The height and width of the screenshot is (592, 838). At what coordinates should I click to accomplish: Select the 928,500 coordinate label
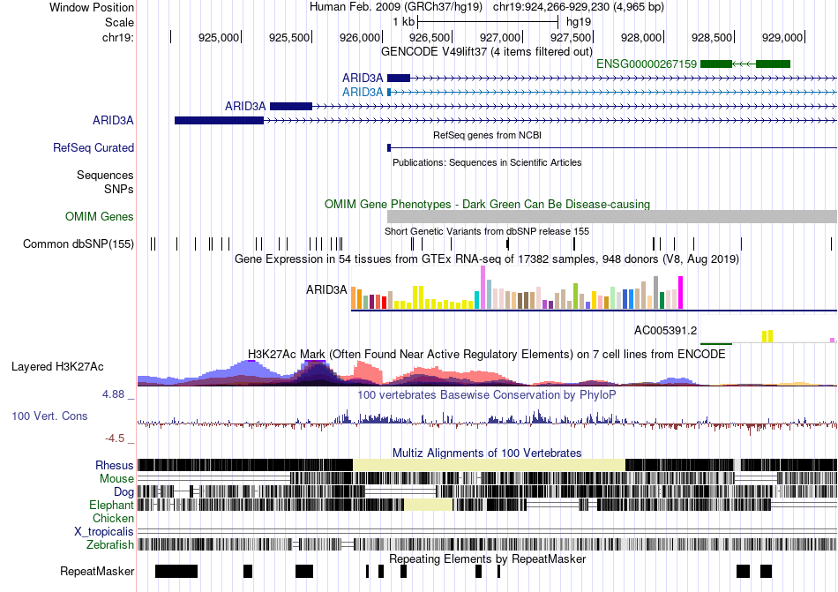click(x=713, y=37)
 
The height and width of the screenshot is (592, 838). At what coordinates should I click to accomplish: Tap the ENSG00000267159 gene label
click(x=647, y=64)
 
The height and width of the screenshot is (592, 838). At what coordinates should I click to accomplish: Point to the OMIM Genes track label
click(x=100, y=216)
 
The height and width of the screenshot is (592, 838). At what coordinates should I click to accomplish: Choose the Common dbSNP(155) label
click(x=79, y=244)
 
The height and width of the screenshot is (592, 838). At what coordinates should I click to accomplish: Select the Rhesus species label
click(x=115, y=465)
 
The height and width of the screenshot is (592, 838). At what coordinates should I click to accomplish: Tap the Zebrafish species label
click(x=110, y=544)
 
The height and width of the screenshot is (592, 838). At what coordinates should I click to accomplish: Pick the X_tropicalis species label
click(x=104, y=531)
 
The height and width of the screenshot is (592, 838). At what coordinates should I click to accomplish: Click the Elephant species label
click(x=111, y=505)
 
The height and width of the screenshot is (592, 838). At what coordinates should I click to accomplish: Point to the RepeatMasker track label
click(x=97, y=572)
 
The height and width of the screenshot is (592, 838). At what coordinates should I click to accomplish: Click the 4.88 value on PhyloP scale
click(x=117, y=394)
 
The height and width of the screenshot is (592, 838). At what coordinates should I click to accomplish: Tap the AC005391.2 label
click(x=666, y=331)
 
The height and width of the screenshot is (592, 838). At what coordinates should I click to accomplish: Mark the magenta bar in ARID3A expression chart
click(x=680, y=292)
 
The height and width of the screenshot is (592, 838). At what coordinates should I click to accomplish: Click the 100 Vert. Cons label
click(x=49, y=416)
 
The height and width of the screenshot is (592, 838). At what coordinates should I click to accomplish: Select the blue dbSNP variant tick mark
click(x=741, y=244)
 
